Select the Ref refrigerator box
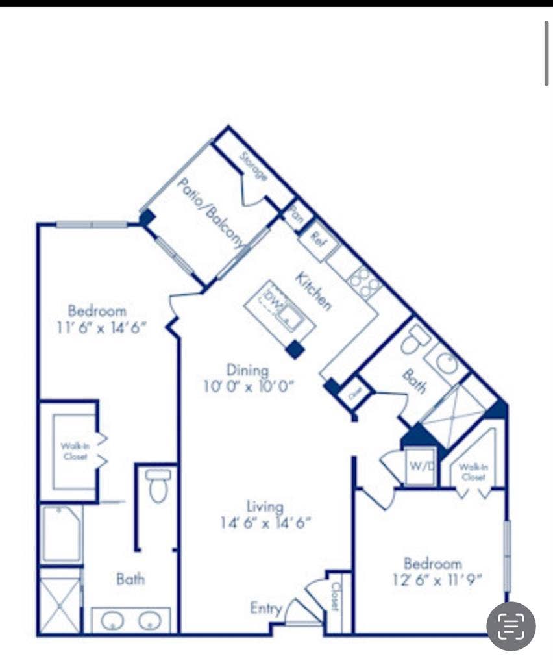(x=318, y=236)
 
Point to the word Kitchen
(x=313, y=290)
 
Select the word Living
(x=265, y=506)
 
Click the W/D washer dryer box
(x=420, y=467)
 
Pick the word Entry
(x=266, y=609)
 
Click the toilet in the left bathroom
(x=158, y=486)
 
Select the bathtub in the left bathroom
(x=61, y=533)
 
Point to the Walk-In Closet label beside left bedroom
(x=74, y=451)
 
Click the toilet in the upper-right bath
(x=415, y=339)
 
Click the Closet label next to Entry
(x=335, y=596)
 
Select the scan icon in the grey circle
(x=511, y=626)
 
